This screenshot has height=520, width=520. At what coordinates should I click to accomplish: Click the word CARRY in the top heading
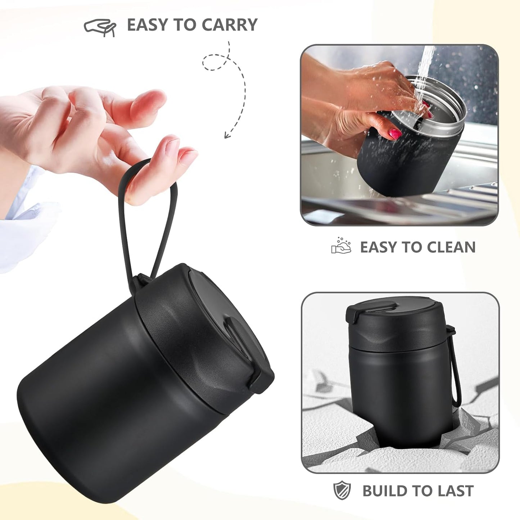point(229,25)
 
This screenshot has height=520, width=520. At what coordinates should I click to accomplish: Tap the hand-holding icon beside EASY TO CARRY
point(100,26)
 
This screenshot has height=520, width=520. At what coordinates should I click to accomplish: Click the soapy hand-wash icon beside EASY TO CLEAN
point(341,247)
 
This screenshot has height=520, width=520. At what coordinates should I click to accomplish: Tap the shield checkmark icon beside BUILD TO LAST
point(342,490)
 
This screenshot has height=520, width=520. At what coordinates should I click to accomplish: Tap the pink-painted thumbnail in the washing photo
point(395,134)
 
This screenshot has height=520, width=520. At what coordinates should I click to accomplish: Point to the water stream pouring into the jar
point(425,72)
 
